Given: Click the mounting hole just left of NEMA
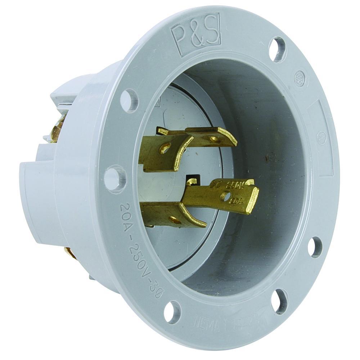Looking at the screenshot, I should pos(173,312).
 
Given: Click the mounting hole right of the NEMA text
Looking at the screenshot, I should pos(279,301).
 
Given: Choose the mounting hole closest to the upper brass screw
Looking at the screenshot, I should pos(129,100).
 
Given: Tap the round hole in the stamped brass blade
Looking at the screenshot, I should pos(226,196).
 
